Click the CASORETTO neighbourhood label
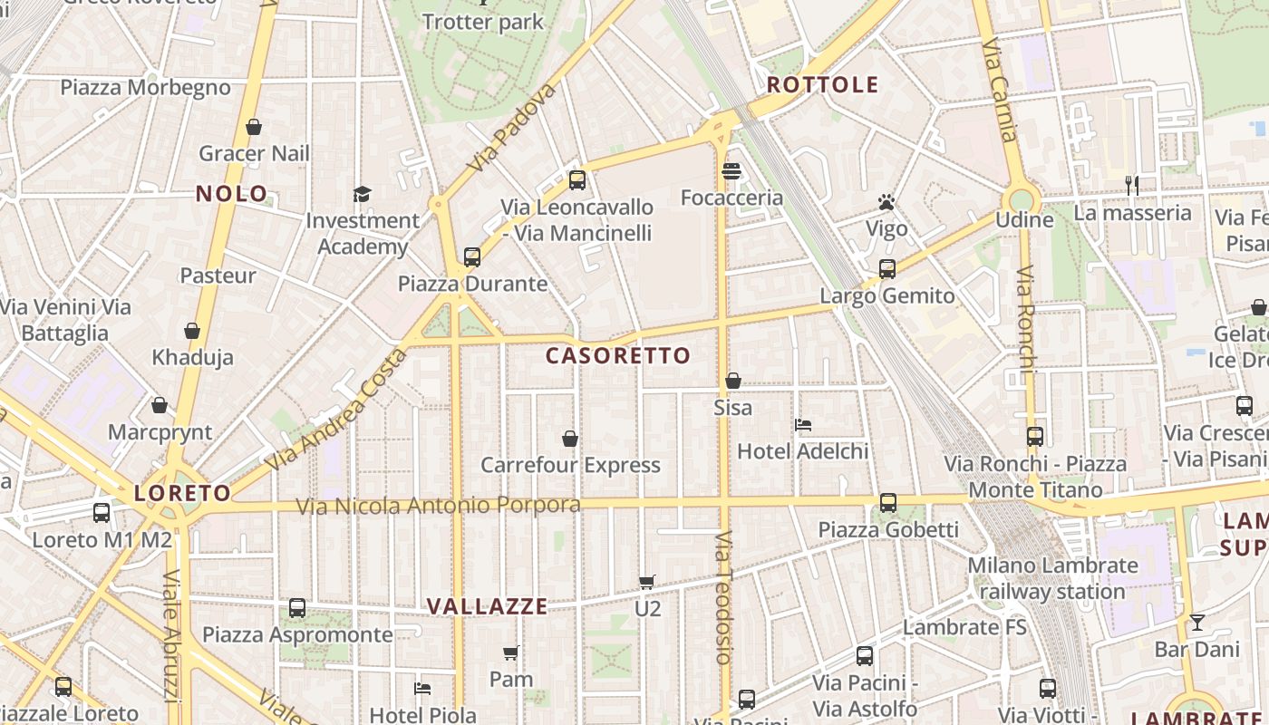click(x=618, y=355)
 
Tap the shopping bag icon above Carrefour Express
click(x=570, y=440)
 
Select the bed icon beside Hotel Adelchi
click(x=803, y=424)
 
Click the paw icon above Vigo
click(x=886, y=202)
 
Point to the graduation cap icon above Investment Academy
click(x=363, y=194)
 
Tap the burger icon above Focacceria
click(x=731, y=171)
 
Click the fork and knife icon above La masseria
click(x=1131, y=186)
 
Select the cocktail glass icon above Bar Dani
click(x=1197, y=623)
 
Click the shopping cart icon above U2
click(x=646, y=582)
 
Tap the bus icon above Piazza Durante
click(x=472, y=256)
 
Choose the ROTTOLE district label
click(x=823, y=85)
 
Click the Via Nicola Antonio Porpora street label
click(x=439, y=505)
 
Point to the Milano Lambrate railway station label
click(x=1052, y=578)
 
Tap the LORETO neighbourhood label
click(x=183, y=493)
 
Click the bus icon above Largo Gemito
click(x=887, y=269)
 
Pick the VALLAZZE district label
click(x=488, y=606)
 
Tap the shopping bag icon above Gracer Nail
click(x=254, y=127)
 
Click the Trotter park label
click(x=483, y=22)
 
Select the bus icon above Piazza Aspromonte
click(x=297, y=608)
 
